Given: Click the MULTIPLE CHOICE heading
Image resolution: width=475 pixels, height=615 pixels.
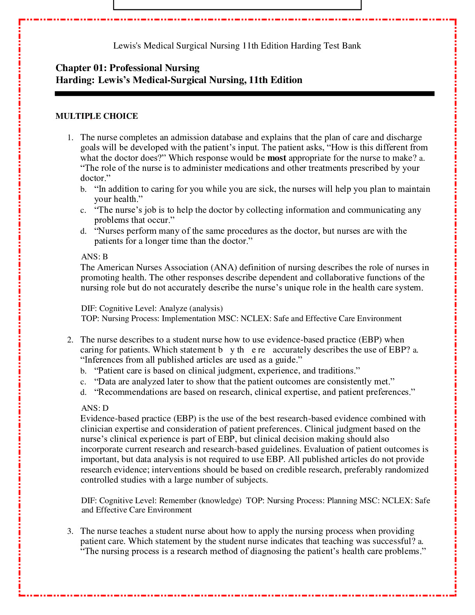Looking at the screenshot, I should (97, 116).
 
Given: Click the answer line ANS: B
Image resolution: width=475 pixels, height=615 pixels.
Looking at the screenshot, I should (94, 257).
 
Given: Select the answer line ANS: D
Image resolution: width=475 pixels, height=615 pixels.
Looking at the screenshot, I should (95, 408).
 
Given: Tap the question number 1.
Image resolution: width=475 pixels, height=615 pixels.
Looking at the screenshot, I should (70, 137).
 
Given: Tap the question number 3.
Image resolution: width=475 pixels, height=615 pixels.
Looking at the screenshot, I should (70, 531).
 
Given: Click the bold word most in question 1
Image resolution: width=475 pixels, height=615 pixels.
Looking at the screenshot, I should (277, 158).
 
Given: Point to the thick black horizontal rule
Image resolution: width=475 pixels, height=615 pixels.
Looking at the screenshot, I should (244, 94).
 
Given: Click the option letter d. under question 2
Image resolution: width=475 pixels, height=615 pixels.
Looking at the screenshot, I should (83, 393).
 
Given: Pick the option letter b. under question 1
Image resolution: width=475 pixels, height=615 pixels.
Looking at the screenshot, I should (83, 189).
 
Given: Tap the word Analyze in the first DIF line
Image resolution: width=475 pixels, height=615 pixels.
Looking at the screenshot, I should (173, 308).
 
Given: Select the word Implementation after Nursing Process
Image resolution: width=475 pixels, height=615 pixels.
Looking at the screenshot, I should (189, 319).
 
